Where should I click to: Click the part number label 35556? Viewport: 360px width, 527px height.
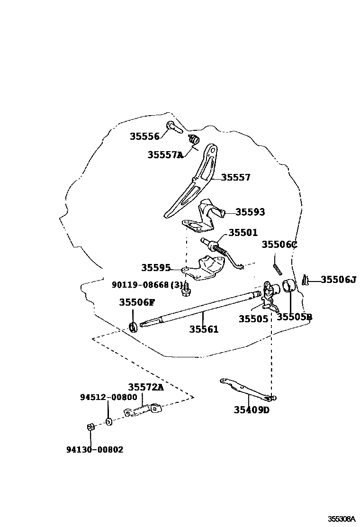[x=144, y=136]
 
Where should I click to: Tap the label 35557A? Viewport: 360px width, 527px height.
[x=165, y=154]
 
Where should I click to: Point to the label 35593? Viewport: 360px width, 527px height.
[x=250, y=212]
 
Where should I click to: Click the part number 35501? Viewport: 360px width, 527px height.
[x=243, y=233]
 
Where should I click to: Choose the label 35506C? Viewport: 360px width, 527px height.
[x=279, y=245]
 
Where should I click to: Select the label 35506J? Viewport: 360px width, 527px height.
[x=338, y=280]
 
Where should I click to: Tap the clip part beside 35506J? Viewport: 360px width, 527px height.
[x=307, y=281]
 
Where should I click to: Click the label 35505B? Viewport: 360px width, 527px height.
[x=294, y=317]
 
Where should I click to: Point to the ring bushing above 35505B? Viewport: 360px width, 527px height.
[x=289, y=286]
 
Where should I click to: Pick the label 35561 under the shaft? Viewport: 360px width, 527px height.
[x=204, y=329]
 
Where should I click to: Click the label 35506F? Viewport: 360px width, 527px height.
[x=137, y=302]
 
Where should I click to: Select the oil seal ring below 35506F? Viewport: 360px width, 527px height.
[x=134, y=327]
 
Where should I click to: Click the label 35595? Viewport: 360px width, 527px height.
[x=156, y=268]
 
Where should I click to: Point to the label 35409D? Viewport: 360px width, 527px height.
[x=251, y=410]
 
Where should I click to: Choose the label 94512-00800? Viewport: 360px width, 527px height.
[x=108, y=397]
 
